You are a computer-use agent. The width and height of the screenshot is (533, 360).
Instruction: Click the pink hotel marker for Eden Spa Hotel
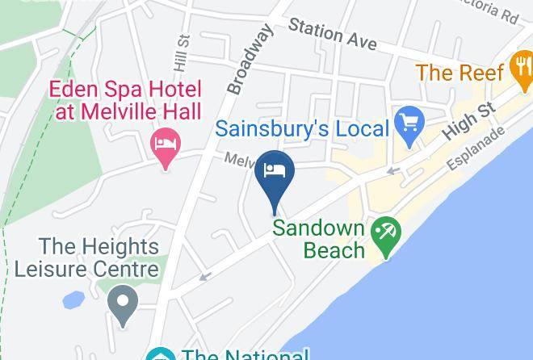[x=166, y=146]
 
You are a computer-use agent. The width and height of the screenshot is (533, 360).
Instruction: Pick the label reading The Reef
[x=460, y=73]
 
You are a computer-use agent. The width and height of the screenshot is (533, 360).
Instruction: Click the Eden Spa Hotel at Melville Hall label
[x=127, y=100]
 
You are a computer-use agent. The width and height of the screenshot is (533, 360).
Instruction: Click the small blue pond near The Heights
[x=73, y=300]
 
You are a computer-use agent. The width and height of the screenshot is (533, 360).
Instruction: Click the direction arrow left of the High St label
[x=392, y=170]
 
